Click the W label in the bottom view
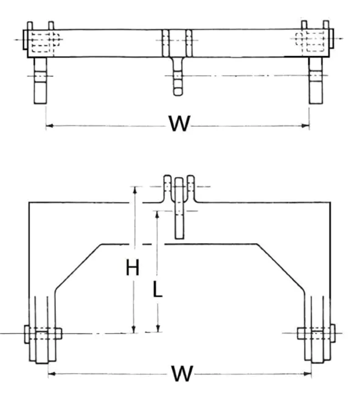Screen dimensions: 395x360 [181, 373]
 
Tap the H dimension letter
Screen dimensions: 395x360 [133, 267]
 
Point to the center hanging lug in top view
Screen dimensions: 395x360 [178, 76]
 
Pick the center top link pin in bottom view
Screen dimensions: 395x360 [180, 207]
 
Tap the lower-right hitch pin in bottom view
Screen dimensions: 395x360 [316, 334]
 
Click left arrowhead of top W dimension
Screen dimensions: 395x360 [49, 126]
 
